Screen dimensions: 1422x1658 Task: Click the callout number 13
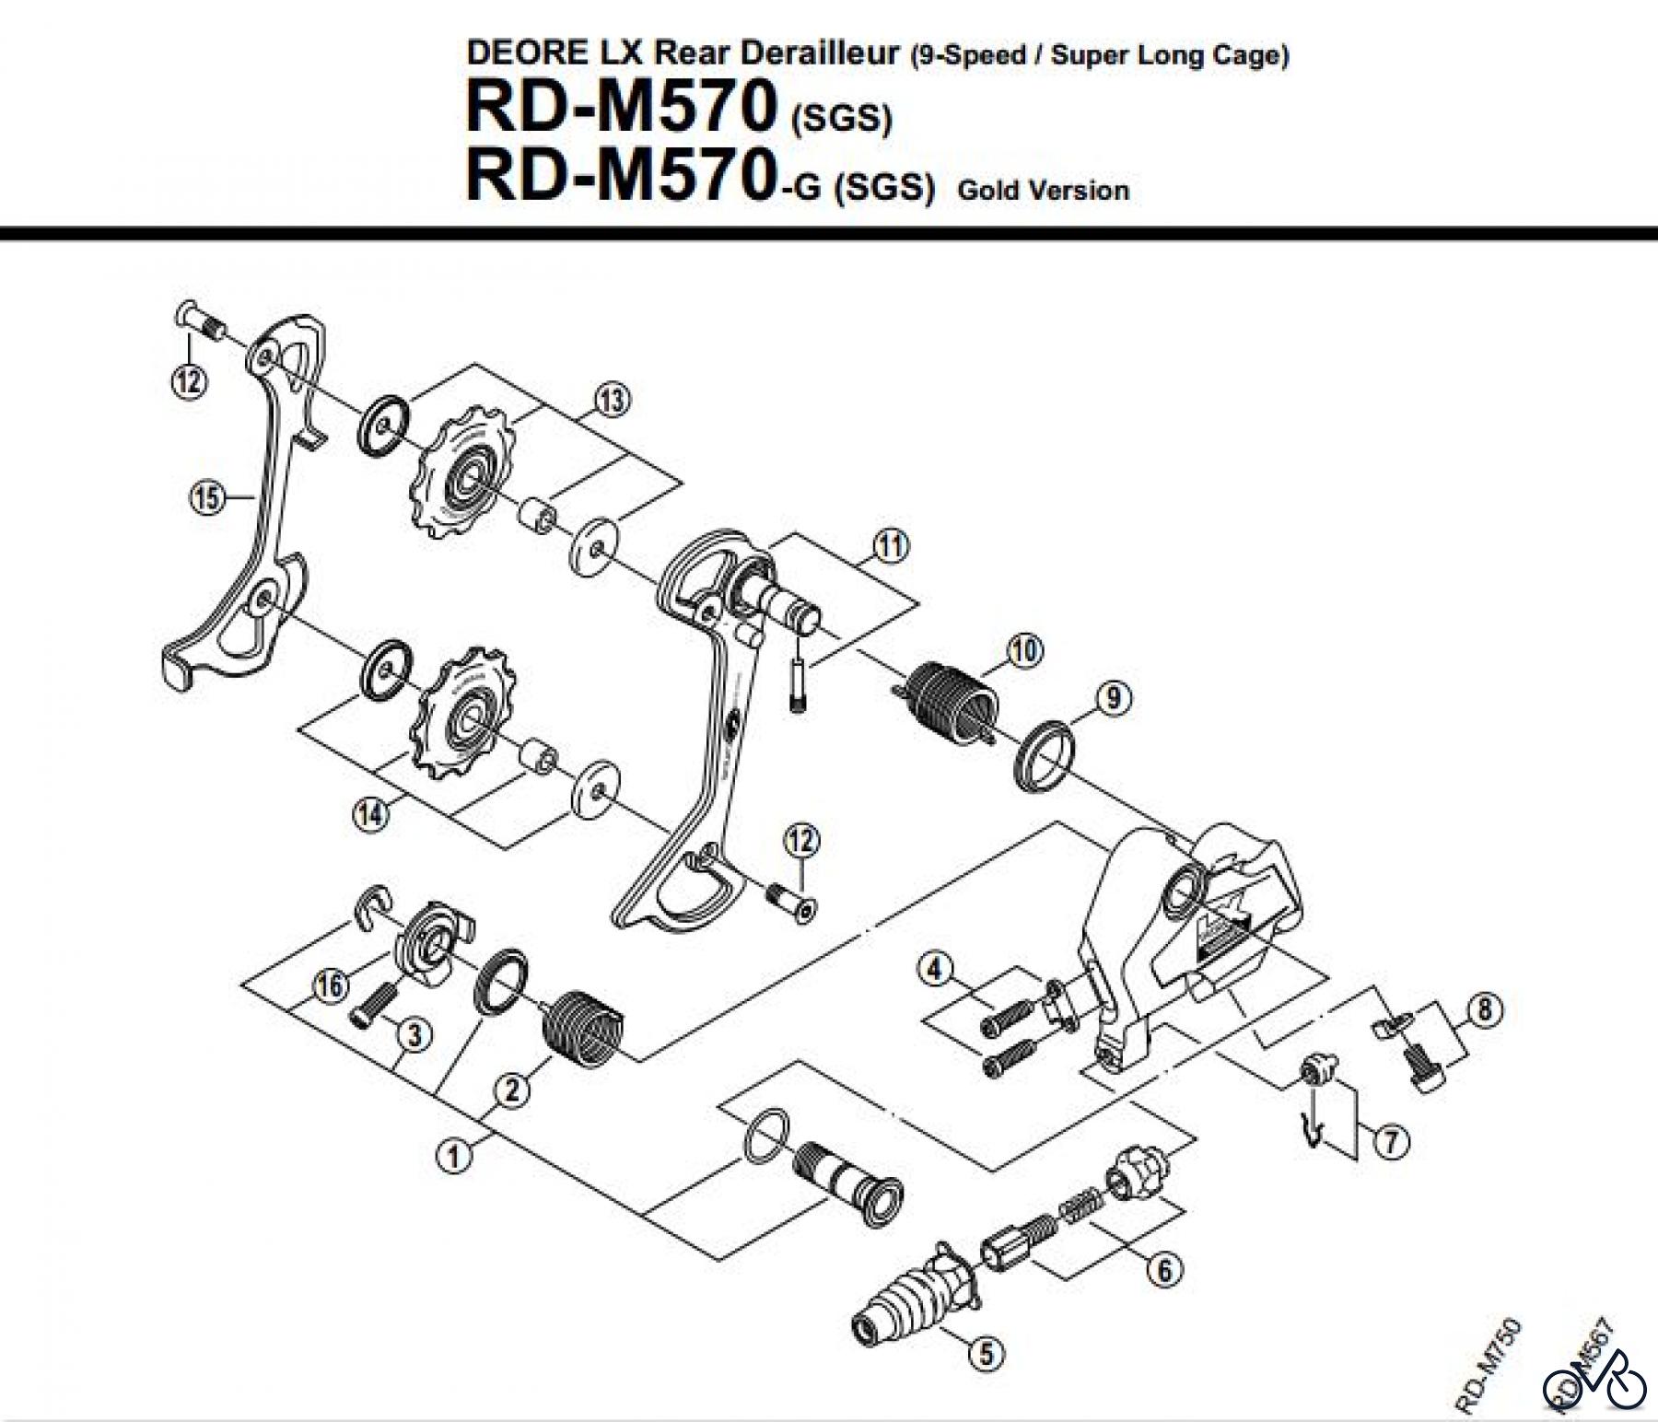(613, 400)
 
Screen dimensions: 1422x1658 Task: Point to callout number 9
(1114, 698)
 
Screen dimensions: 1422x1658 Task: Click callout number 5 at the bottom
(986, 1353)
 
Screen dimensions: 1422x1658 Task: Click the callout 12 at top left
(189, 380)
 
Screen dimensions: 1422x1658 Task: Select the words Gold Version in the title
(1043, 191)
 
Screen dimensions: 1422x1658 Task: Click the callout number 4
(934, 969)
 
